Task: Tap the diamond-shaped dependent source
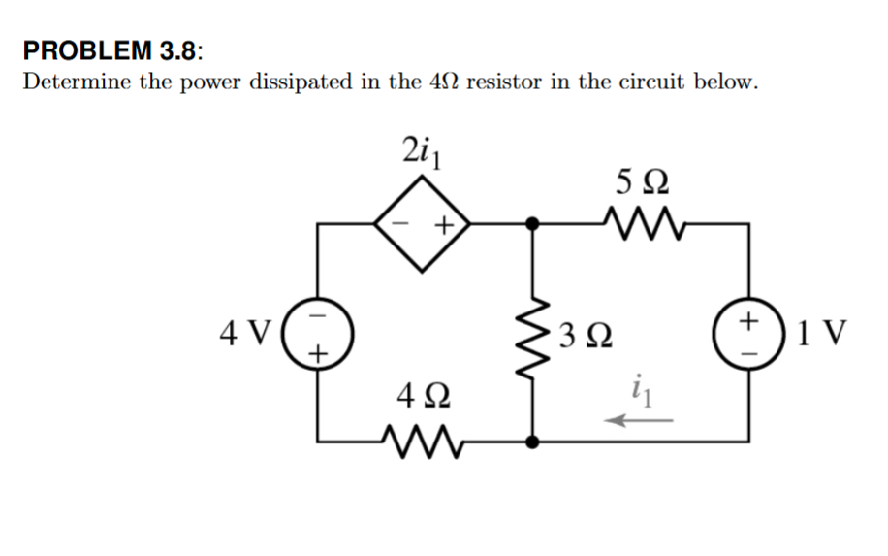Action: coord(424,225)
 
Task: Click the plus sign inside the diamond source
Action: coord(443,226)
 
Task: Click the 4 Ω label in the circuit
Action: coord(422,396)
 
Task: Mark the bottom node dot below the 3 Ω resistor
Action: coord(530,442)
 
